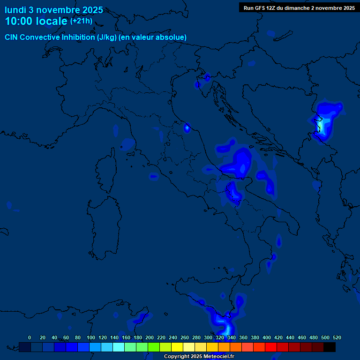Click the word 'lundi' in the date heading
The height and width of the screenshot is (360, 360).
click(x=15, y=10)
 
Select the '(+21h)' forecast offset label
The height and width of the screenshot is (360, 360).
click(x=82, y=21)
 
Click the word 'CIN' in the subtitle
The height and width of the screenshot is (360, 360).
click(x=12, y=37)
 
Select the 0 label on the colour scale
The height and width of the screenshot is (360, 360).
click(x=30, y=338)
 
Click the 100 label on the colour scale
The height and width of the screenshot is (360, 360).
click(x=90, y=338)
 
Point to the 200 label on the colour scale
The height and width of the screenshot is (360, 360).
click(x=150, y=338)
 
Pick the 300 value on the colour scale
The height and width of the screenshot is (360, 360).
click(x=208, y=338)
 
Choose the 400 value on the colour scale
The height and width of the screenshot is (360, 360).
click(x=267, y=338)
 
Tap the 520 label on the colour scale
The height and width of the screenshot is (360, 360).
click(x=337, y=338)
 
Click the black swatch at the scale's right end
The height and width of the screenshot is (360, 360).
click(x=330, y=347)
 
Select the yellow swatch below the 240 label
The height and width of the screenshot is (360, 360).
click(x=177, y=347)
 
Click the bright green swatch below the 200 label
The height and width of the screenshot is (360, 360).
click(x=154, y=347)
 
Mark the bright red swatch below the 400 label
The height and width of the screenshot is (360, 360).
click(x=271, y=347)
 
